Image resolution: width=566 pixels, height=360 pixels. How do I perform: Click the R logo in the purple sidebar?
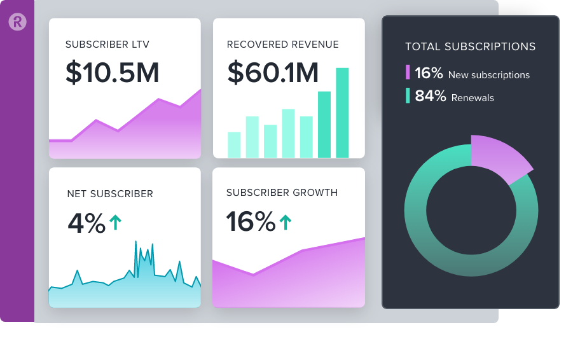(17, 22)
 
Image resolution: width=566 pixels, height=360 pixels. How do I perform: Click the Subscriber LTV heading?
(107, 45)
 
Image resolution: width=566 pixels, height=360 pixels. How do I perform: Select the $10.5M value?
(112, 73)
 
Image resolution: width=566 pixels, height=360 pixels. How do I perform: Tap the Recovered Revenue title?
(282, 45)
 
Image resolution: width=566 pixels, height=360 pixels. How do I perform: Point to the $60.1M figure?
(273, 73)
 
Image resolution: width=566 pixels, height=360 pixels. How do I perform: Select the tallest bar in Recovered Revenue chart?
(342, 113)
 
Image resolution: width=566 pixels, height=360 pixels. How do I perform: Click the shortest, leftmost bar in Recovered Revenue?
(234, 145)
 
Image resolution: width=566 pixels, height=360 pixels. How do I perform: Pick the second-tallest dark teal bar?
(324, 125)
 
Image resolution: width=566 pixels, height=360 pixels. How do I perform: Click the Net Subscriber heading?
(110, 194)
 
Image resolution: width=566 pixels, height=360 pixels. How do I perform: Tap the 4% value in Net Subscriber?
(86, 223)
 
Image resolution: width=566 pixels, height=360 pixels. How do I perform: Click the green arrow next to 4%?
(115, 222)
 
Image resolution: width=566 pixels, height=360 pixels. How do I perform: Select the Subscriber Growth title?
(282, 193)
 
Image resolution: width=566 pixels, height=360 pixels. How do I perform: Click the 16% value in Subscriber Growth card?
(250, 222)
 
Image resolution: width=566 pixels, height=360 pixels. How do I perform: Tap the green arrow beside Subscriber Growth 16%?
(286, 222)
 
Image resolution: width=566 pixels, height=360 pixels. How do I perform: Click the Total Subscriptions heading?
(470, 46)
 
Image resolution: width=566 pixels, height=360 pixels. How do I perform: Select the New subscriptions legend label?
(488, 75)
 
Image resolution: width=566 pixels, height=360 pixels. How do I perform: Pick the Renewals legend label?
(473, 98)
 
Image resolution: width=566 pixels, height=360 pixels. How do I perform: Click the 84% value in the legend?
(430, 97)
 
